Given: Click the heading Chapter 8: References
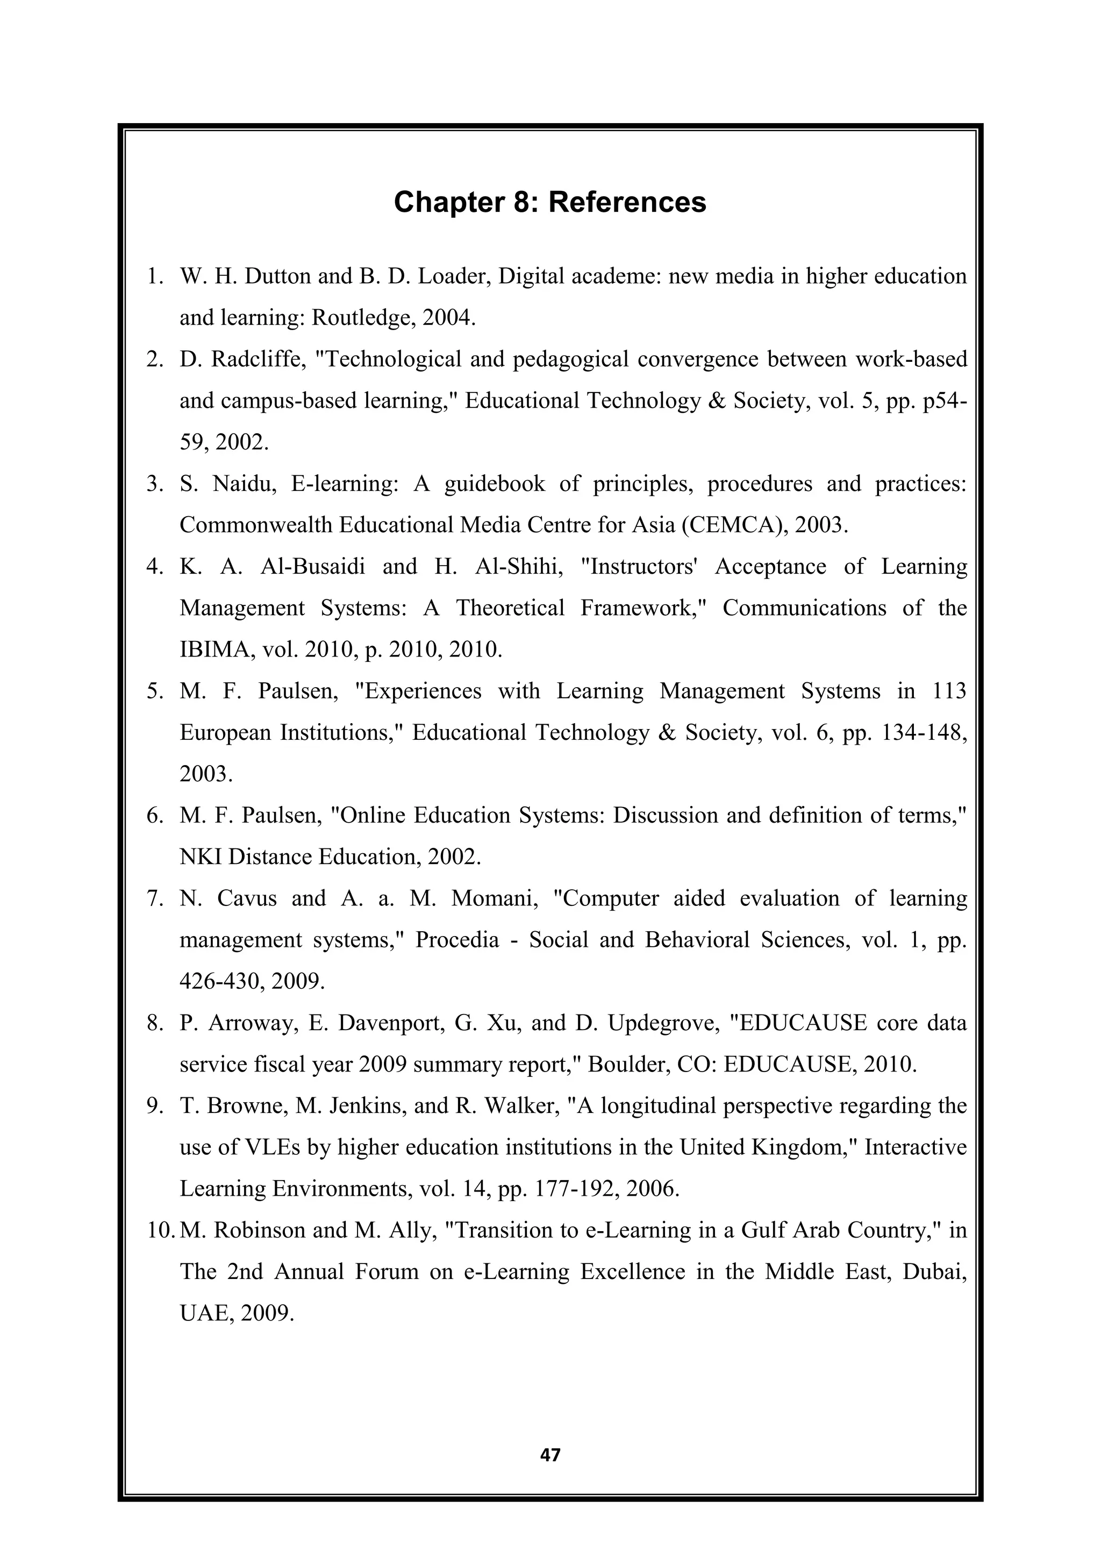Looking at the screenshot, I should coord(550,202).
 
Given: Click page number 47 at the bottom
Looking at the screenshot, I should coord(550,1455).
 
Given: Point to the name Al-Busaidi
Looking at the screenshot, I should coord(312,566).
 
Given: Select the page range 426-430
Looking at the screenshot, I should coord(218,981).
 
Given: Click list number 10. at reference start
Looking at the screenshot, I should coord(161,1230).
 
